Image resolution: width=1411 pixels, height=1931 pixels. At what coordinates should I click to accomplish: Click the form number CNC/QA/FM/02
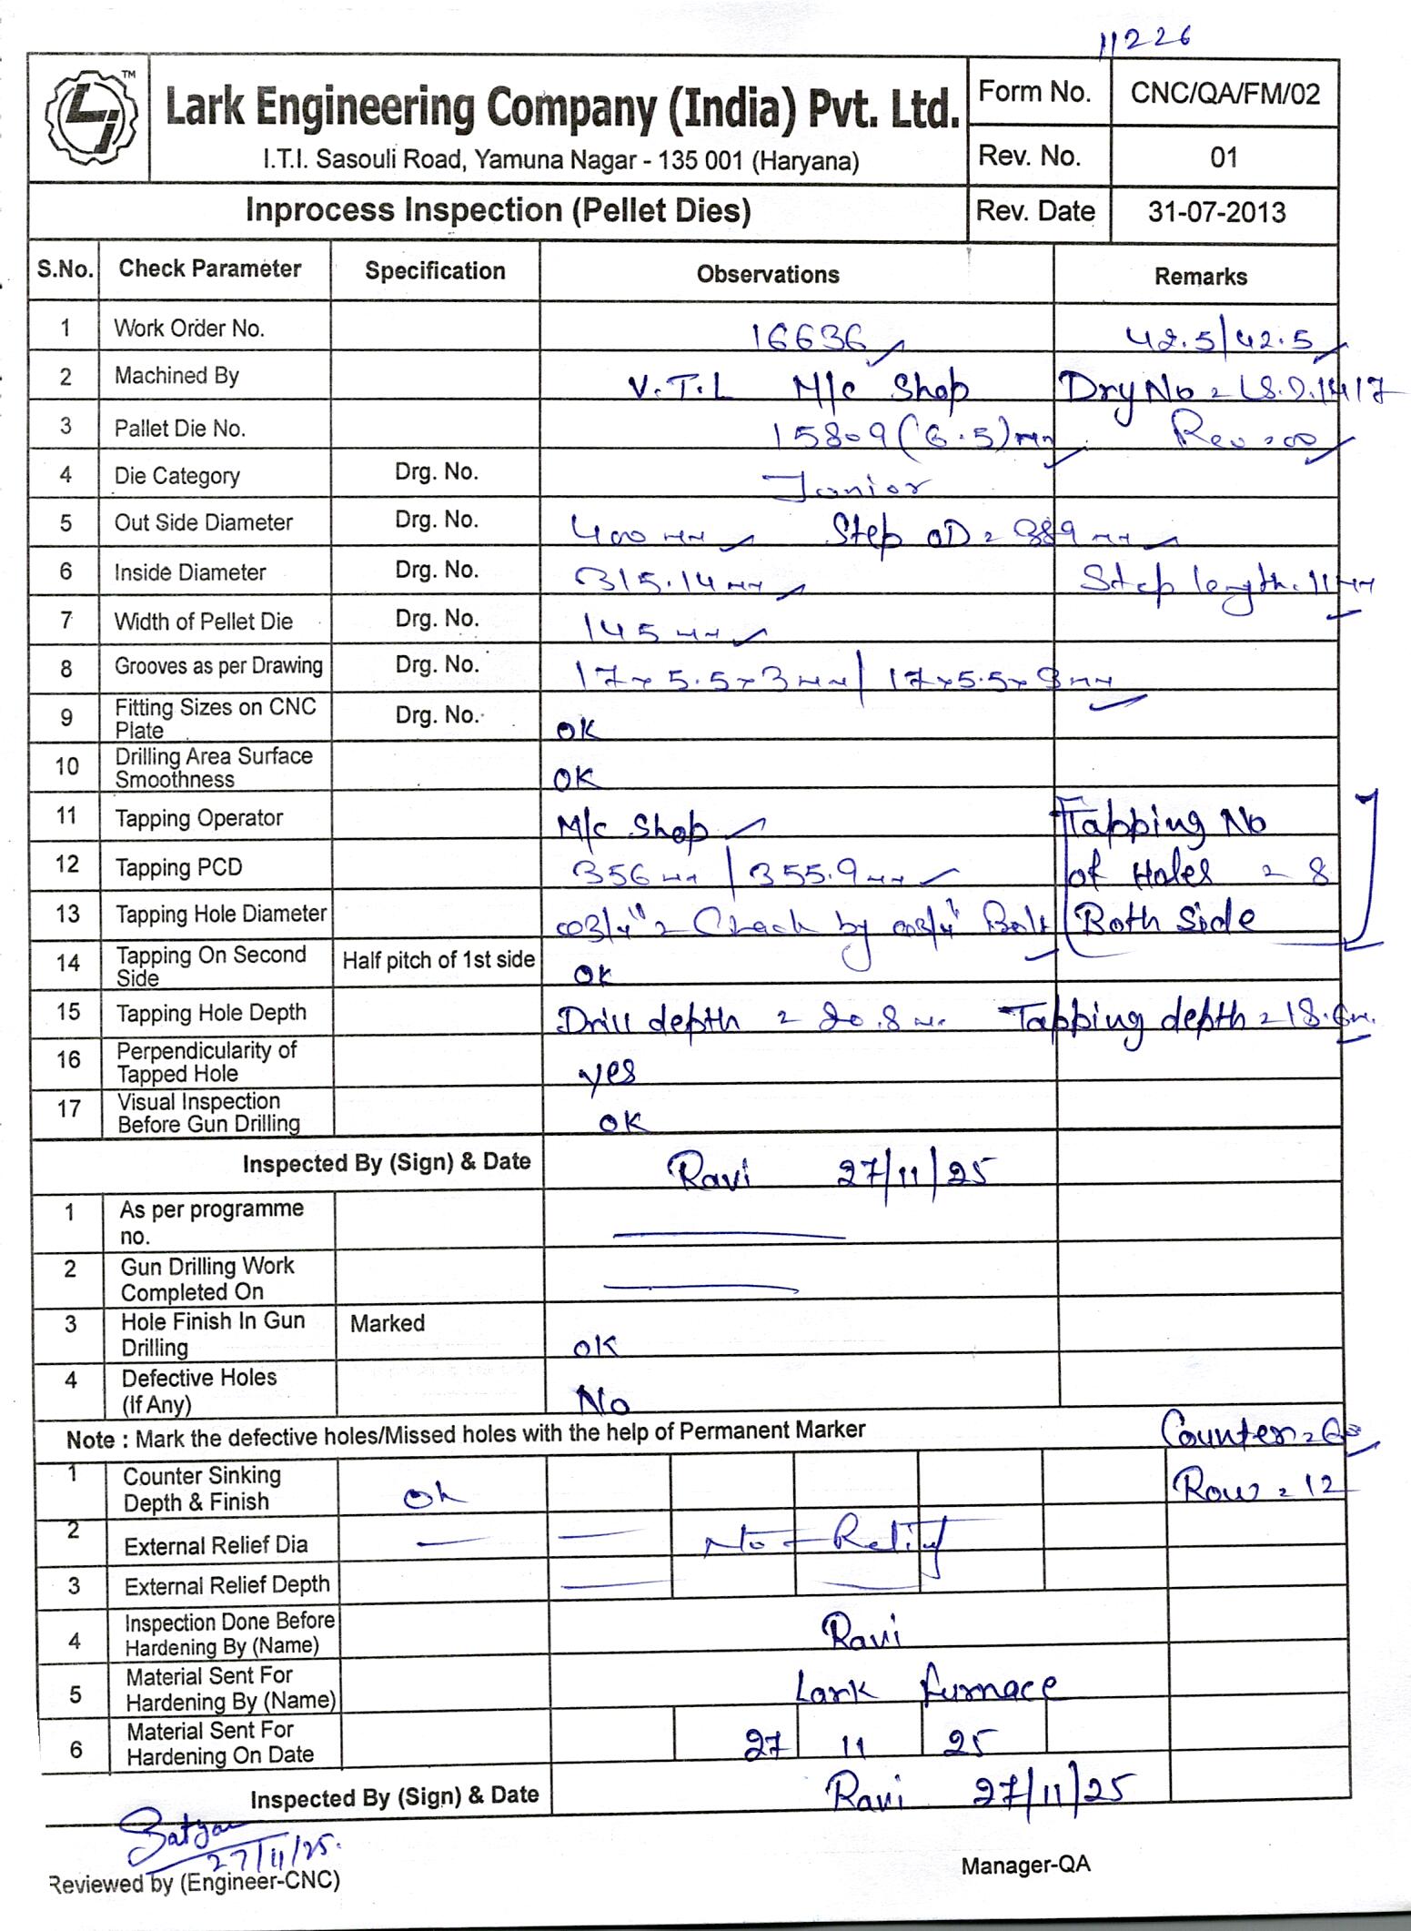click(x=1225, y=94)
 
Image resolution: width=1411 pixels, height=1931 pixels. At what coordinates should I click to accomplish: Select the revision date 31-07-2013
click(x=1216, y=213)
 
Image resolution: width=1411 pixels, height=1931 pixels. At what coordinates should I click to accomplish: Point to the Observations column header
click(x=768, y=275)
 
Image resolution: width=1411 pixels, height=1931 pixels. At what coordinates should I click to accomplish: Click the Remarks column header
click(x=1200, y=277)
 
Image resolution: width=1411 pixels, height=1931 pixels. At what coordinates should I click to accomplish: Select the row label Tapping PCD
click(x=178, y=867)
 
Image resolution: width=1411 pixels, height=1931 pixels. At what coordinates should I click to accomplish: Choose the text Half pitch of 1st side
click(x=438, y=960)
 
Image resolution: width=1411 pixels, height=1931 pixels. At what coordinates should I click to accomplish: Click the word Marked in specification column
click(x=388, y=1322)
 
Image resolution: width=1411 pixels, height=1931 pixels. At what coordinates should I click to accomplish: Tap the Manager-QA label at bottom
click(x=1025, y=1865)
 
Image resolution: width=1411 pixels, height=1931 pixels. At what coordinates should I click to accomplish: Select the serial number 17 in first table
click(x=69, y=1108)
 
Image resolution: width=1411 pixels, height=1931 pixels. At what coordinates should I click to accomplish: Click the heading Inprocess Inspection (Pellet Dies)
click(x=498, y=211)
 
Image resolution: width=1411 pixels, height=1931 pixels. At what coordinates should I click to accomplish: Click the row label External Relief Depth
click(x=227, y=1585)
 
